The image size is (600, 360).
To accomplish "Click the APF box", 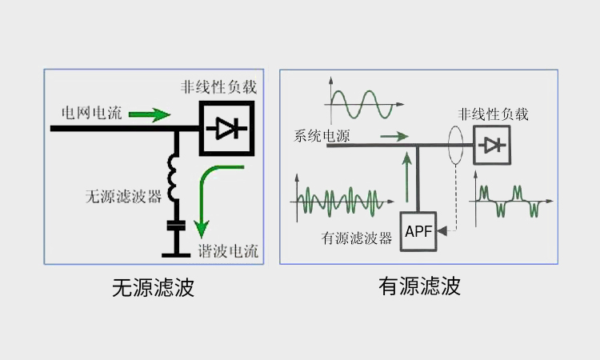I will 418,232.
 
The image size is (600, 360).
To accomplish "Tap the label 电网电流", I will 92,113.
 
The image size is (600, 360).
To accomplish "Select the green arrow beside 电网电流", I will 150,114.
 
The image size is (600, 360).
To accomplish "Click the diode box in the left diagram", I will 226,127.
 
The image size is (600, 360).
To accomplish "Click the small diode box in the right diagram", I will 491,146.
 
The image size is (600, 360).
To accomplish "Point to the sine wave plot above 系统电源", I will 359,102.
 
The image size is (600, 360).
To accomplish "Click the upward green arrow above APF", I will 408,179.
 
